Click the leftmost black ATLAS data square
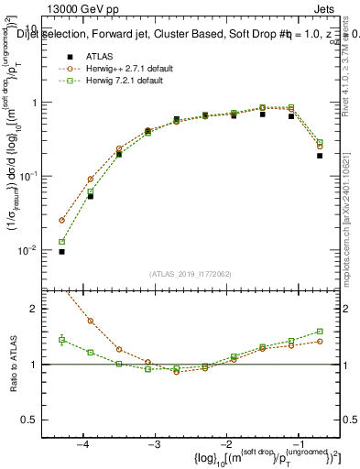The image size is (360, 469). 61,251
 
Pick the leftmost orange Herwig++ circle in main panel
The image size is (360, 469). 61,220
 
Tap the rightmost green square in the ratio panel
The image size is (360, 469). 320,332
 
